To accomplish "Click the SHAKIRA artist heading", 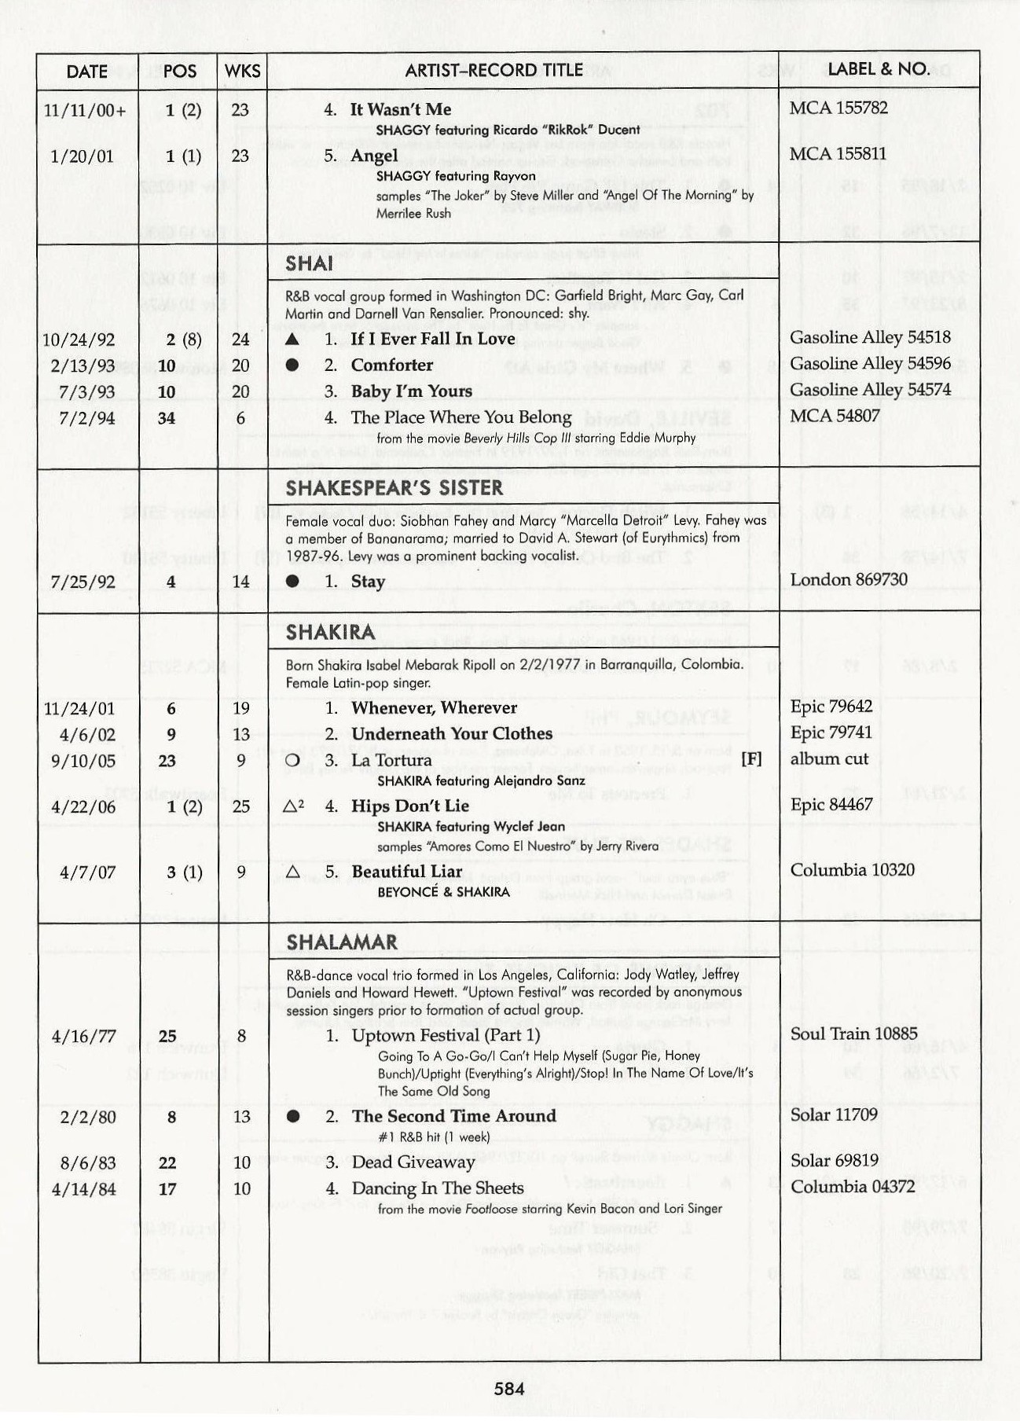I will [330, 632].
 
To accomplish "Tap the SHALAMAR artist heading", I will [341, 942].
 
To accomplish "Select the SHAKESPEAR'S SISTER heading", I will [394, 488].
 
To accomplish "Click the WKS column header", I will [242, 71].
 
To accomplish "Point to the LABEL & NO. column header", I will [878, 69].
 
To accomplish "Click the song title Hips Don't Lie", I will [409, 806].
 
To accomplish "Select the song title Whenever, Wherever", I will [434, 707].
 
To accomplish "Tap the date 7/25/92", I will [83, 582].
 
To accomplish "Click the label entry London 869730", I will [848, 579].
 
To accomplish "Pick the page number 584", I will [509, 1389].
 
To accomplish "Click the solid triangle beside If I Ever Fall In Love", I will [292, 340].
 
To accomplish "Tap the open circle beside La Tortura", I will [292, 761].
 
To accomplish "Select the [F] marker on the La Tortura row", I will [751, 759].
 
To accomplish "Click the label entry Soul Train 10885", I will [853, 1034].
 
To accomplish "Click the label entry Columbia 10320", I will [852, 870].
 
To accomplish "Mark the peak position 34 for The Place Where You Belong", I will [167, 418].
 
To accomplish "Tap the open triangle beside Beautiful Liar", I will [293, 872].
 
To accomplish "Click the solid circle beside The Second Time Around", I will [293, 1117].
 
